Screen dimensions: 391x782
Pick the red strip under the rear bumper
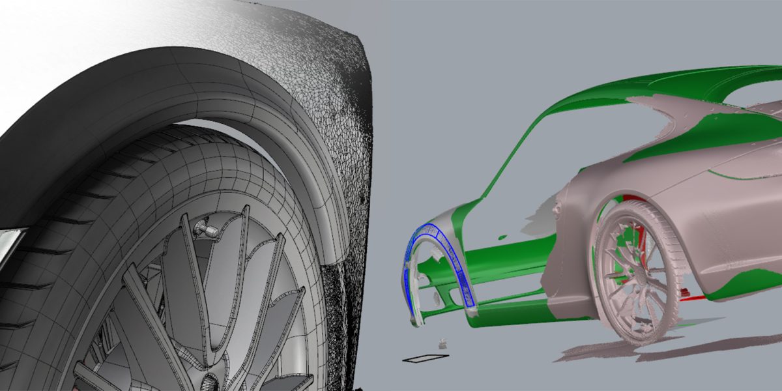coord(695,298)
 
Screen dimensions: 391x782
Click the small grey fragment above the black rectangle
coord(443,341)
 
